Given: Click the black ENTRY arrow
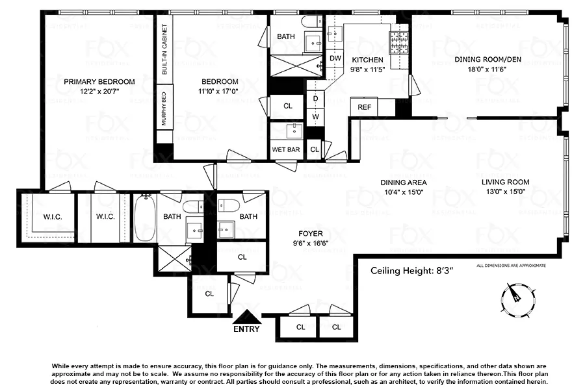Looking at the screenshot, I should coord(246,316).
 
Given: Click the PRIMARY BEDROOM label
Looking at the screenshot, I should coord(99,82).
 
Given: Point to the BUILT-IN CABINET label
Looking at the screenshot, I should coord(164,51).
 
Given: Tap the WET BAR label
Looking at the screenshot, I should coord(285,149).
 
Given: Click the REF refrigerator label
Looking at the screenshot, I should coord(364,107).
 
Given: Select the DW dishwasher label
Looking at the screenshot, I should coord(335,58).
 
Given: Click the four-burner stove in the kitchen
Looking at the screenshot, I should coord(398,42).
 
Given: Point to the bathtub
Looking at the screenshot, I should coord(144,218).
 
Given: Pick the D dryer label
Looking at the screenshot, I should coord(315,99).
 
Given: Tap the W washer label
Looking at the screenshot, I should coord(315,116).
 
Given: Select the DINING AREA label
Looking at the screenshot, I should coord(403,182).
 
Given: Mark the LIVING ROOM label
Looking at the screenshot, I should coord(505,182).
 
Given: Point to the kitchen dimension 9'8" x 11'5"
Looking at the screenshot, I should coord(367,68).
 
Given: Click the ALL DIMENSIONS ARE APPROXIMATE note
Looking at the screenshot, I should coord(511,266).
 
